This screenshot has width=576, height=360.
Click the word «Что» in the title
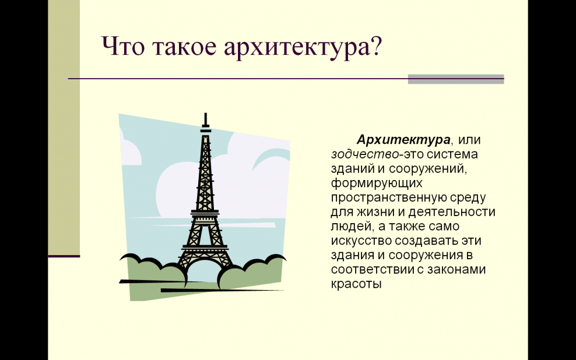(x=123, y=46)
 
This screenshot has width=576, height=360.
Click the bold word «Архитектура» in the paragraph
(x=403, y=140)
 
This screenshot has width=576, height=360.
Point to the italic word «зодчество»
(x=365, y=154)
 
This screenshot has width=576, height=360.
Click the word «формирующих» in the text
(x=377, y=183)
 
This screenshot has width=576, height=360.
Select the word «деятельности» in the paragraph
(x=451, y=212)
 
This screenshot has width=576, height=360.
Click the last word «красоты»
(x=356, y=284)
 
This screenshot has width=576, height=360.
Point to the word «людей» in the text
(x=352, y=227)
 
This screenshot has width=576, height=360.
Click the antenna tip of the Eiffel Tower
(x=206, y=114)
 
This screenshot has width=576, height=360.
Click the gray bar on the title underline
(x=456, y=79)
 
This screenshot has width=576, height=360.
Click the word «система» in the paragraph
(x=452, y=154)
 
